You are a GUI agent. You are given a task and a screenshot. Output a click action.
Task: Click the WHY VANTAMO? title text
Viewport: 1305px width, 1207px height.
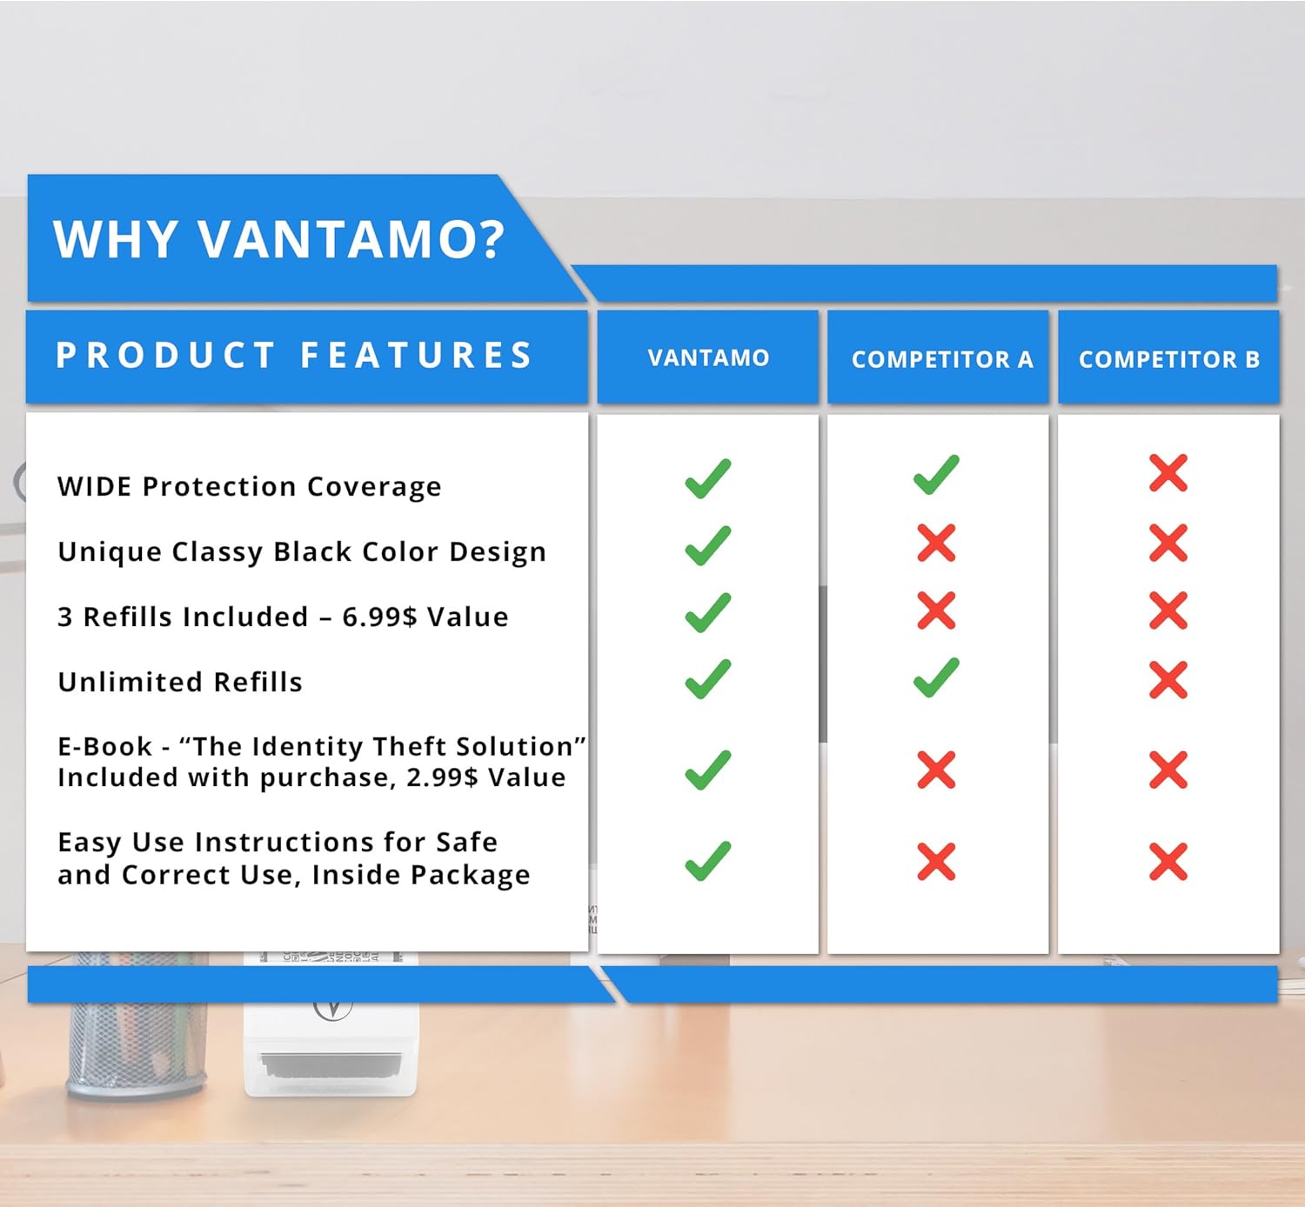(x=278, y=239)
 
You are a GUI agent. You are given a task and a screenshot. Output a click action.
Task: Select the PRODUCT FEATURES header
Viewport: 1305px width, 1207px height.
(x=294, y=356)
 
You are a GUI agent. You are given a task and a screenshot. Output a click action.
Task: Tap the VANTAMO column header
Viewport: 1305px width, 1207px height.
(x=708, y=357)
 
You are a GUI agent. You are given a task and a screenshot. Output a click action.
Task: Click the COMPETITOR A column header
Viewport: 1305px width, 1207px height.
(x=942, y=359)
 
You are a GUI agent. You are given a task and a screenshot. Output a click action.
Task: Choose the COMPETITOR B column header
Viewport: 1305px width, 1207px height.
(x=1168, y=359)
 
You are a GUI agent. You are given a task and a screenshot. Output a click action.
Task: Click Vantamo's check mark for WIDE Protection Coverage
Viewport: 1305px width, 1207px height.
(x=707, y=478)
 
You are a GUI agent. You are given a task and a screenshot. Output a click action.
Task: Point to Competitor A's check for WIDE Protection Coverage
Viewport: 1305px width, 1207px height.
(x=936, y=476)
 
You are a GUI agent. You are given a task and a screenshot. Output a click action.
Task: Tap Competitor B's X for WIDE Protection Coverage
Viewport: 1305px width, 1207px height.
(x=1168, y=473)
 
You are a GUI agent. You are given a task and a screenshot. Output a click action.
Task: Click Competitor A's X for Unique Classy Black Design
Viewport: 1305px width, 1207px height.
(x=936, y=543)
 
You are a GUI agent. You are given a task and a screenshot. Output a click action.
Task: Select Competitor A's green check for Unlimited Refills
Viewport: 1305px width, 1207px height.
(x=936, y=678)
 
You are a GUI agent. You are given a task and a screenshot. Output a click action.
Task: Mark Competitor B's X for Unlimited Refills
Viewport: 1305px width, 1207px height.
(x=1168, y=680)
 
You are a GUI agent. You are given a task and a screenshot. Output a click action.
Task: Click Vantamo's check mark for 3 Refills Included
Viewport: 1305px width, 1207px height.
(x=707, y=613)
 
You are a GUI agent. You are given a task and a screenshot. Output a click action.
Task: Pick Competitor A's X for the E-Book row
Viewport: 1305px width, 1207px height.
(x=936, y=770)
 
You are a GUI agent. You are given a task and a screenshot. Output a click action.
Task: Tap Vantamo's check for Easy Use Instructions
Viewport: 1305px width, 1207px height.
(x=707, y=861)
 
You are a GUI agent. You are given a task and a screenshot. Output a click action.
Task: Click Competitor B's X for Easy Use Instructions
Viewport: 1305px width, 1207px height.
(x=1168, y=862)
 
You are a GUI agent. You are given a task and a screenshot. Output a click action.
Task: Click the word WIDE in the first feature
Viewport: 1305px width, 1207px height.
(x=95, y=487)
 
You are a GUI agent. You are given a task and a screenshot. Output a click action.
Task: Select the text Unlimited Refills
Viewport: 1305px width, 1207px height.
(x=180, y=683)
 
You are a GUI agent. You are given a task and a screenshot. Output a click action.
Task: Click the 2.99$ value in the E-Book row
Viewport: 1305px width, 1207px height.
(x=442, y=777)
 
